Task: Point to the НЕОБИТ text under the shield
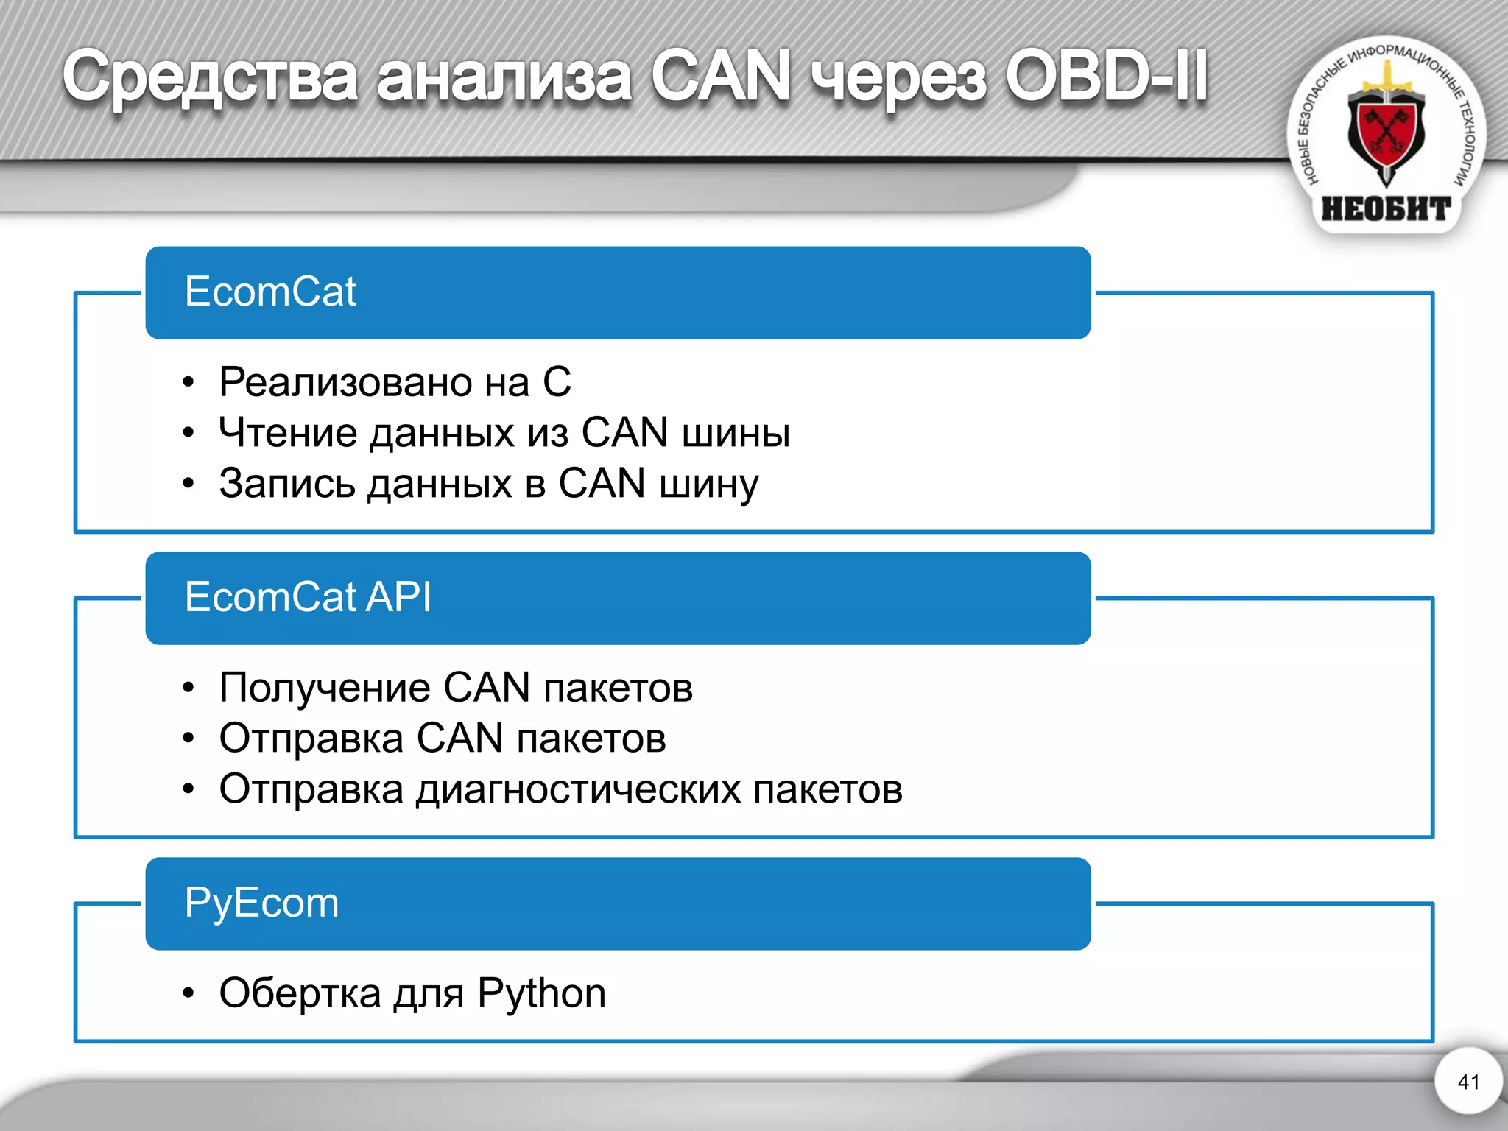pos(1386,209)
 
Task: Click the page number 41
pos(1468,1082)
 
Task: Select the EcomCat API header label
pos(308,596)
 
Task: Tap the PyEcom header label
pos(261,903)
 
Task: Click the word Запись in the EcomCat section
pos(286,484)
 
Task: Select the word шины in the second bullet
pos(736,432)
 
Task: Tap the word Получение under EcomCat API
pos(325,688)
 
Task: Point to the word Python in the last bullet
pos(541,994)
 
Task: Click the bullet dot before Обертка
pos(189,994)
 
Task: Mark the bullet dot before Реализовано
pos(189,383)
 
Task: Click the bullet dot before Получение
pos(189,688)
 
